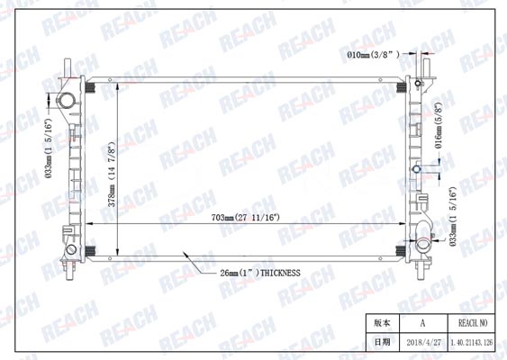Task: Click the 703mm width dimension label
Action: [246, 218]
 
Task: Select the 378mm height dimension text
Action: [112, 175]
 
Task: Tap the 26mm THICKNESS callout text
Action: [260, 273]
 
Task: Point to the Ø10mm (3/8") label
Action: [373, 55]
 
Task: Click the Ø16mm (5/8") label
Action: [439, 125]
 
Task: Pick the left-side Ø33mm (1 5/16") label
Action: [48, 148]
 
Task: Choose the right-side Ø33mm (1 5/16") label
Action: [453, 217]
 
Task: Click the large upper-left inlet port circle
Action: [67, 100]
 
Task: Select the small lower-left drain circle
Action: [71, 249]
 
